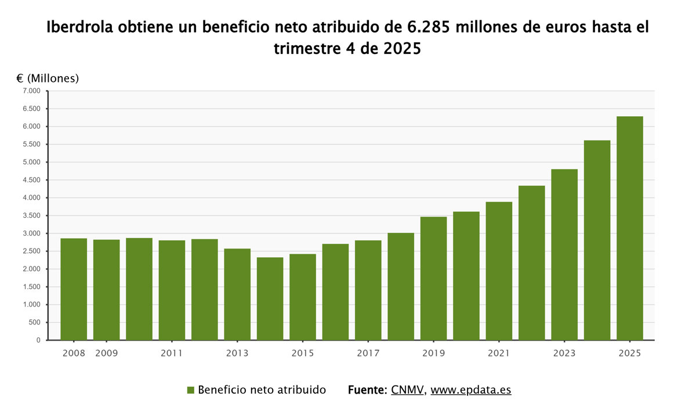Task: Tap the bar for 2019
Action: click(x=433, y=278)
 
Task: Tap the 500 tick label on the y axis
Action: click(x=35, y=323)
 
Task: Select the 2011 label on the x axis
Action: click(x=172, y=353)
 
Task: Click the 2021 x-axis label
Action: click(x=499, y=353)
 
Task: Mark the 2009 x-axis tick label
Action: click(x=106, y=353)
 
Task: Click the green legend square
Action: click(x=190, y=390)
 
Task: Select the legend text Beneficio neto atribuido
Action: click(x=262, y=390)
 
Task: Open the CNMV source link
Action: click(x=408, y=390)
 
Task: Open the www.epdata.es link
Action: click(x=470, y=390)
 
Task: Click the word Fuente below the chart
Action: click(x=367, y=390)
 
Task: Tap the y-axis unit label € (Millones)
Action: click(x=48, y=78)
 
